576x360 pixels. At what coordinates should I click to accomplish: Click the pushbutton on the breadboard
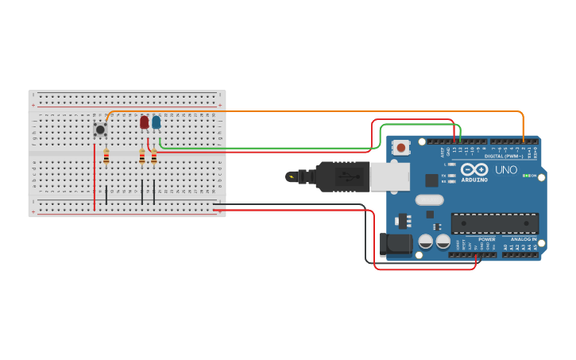tap(100, 129)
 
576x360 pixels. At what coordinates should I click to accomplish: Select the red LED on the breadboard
tap(144, 122)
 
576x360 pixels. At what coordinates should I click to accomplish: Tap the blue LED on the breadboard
tap(156, 122)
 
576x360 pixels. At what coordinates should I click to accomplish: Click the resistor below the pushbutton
tap(106, 157)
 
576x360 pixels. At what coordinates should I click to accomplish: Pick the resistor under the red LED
tap(142, 157)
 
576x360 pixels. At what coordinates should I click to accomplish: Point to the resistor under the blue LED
tap(153, 157)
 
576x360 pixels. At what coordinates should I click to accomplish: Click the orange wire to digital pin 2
tap(318, 111)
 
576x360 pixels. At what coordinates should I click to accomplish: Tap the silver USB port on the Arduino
tap(389, 176)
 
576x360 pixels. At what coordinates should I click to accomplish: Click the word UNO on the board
tap(506, 170)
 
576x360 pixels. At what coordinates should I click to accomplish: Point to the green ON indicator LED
tap(525, 176)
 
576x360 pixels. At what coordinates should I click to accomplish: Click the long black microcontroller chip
tap(494, 223)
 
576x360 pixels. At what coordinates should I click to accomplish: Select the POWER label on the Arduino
tap(486, 238)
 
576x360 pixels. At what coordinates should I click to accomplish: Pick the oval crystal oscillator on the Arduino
tap(428, 200)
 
